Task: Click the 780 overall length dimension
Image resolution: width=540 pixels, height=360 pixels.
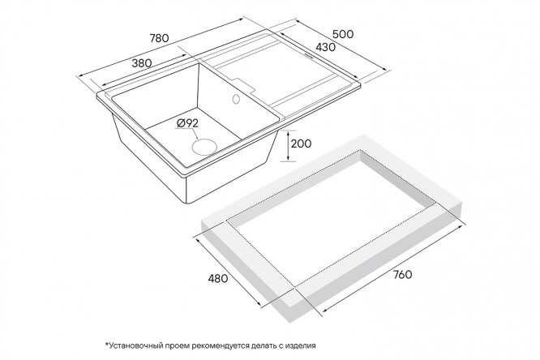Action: point(159,38)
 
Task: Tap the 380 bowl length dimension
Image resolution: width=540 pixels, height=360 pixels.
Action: point(142,63)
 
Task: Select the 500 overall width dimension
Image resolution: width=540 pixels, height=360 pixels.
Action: point(343,34)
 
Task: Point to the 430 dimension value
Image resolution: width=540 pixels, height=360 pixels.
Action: point(325,47)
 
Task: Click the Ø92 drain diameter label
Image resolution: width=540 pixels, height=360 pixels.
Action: point(187,122)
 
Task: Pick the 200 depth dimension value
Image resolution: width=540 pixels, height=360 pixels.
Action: point(301,144)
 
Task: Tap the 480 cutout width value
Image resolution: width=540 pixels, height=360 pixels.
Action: point(217,278)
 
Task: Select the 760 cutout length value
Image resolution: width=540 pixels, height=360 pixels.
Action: point(402,275)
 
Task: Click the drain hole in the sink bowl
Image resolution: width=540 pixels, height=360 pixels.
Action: point(204,146)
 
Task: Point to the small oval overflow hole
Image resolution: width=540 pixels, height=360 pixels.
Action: point(236,99)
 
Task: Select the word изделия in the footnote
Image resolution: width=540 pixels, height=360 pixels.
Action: point(300,345)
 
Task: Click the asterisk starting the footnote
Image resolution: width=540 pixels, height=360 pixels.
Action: point(107,344)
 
